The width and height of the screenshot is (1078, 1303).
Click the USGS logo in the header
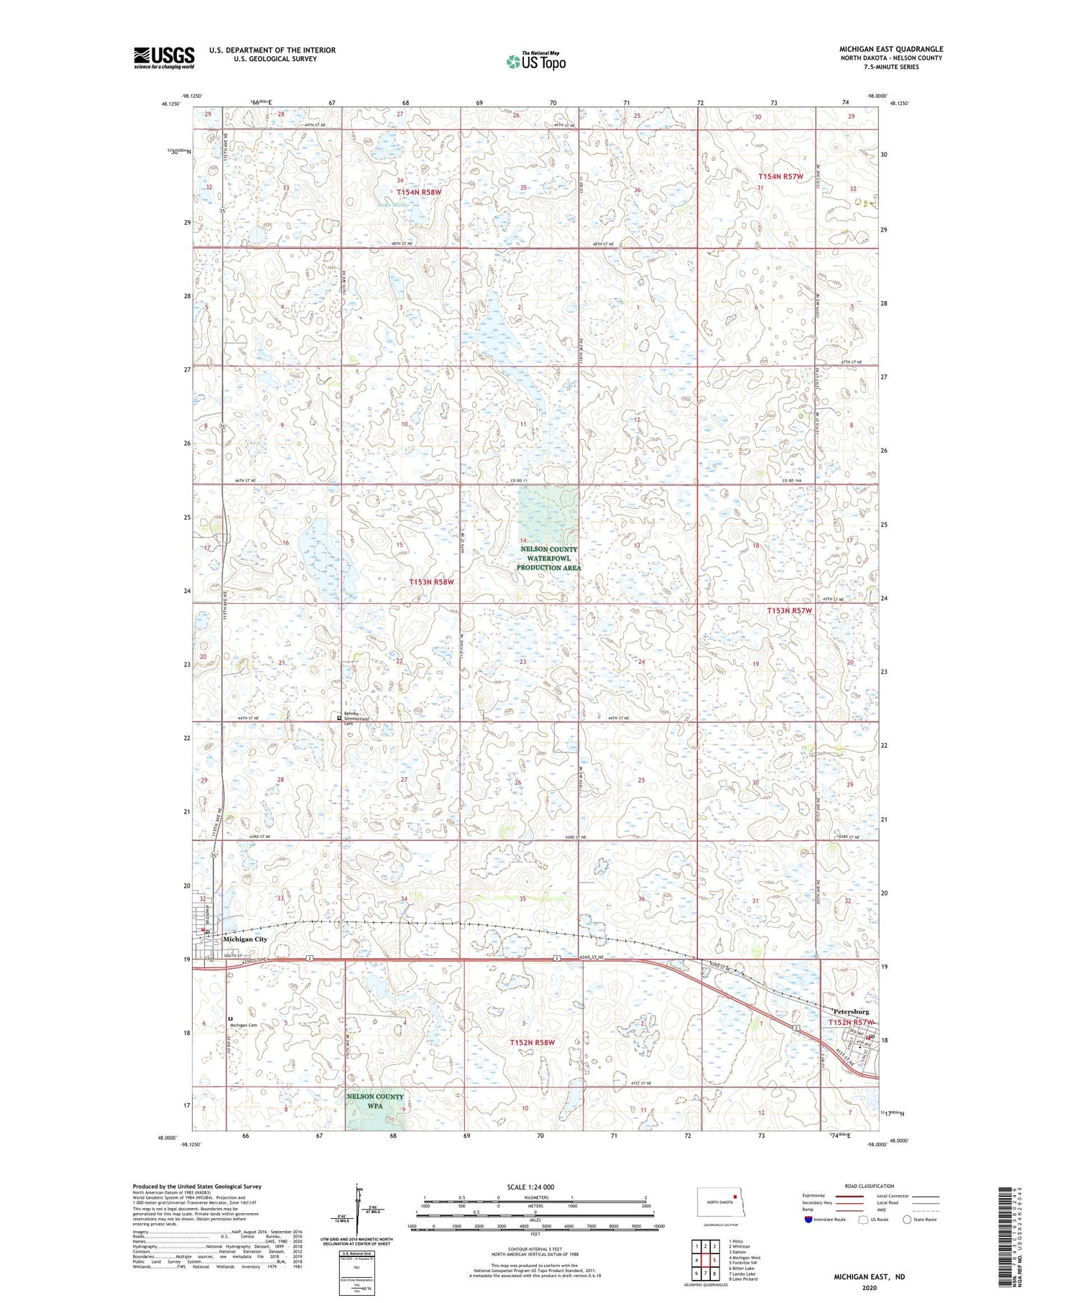click(x=164, y=57)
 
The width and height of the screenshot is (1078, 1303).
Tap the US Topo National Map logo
click(x=535, y=61)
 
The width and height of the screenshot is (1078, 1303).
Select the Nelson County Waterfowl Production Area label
click(x=548, y=558)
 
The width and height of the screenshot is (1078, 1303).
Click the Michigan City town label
click(x=245, y=939)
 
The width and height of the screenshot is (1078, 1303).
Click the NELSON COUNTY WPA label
click(x=375, y=1101)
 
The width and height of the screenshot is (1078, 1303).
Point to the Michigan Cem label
click(x=244, y=1026)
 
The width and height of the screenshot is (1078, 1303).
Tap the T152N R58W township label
click(x=533, y=1042)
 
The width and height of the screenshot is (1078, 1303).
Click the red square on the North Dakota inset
click(x=735, y=1197)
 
